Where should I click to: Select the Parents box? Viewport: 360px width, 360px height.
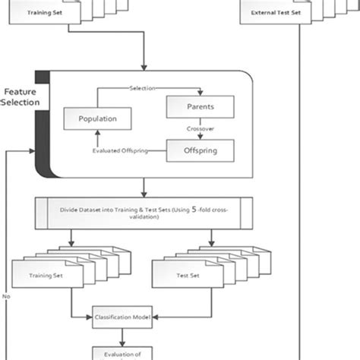coord(199,107)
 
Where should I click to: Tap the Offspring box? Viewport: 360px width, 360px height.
coord(199,152)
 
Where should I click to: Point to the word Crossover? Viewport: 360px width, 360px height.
coord(199,129)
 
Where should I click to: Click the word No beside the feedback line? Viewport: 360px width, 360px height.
coord(6,297)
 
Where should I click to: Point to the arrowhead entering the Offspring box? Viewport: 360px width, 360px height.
coord(199,138)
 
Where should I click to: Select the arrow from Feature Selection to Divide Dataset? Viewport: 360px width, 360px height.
coord(144,188)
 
